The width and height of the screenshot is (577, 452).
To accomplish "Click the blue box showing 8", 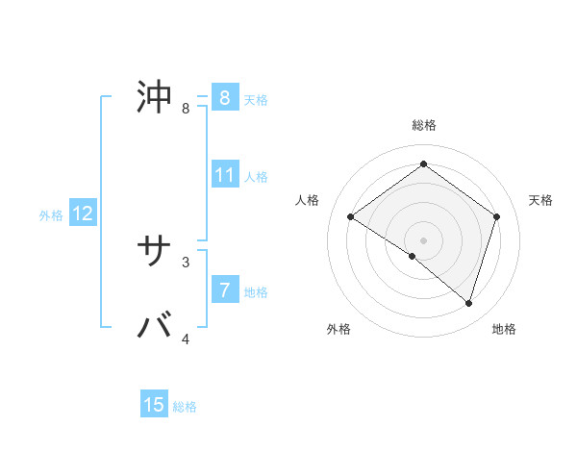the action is point(224,98).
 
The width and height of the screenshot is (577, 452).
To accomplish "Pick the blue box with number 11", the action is point(225,175).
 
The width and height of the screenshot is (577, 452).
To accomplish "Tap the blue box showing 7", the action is point(224,289).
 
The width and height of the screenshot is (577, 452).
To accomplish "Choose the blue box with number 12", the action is point(83,213).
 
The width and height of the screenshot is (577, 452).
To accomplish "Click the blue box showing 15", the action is point(154,405).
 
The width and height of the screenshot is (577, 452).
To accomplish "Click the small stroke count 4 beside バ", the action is point(186,339).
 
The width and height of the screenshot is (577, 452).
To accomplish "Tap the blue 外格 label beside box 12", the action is point(51,215).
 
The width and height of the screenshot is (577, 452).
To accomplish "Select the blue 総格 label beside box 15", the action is point(185,407).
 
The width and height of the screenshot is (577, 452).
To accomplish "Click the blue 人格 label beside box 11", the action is point(256,177).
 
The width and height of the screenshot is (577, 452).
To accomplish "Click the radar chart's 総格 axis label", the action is point(423,125).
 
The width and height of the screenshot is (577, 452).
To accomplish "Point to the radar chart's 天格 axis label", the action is point(540,200).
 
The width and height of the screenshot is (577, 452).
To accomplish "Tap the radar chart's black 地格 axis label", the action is point(504,329).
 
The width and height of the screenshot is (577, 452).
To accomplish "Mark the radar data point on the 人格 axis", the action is point(350,217).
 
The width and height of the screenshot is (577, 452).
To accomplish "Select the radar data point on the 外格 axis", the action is point(413,257).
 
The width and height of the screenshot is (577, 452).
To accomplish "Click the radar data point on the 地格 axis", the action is point(468,304).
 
